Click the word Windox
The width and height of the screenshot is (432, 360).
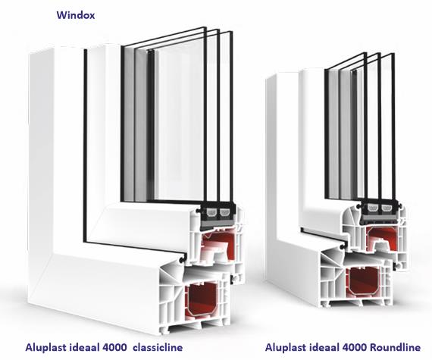(x=76, y=15)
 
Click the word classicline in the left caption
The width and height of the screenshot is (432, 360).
(x=158, y=347)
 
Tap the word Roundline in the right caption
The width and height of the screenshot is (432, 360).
(x=395, y=347)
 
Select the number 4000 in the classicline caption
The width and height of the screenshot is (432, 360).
(x=114, y=347)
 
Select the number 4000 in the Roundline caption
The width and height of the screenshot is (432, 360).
(x=354, y=347)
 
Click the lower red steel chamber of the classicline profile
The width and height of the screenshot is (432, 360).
(x=202, y=301)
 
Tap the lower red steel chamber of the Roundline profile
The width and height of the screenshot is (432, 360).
(x=363, y=281)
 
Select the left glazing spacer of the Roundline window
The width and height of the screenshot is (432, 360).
(x=373, y=208)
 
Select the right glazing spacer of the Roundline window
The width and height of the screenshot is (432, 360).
(x=387, y=208)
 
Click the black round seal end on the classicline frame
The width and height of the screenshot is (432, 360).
(x=182, y=259)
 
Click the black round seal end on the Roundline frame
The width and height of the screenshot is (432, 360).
(x=342, y=247)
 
